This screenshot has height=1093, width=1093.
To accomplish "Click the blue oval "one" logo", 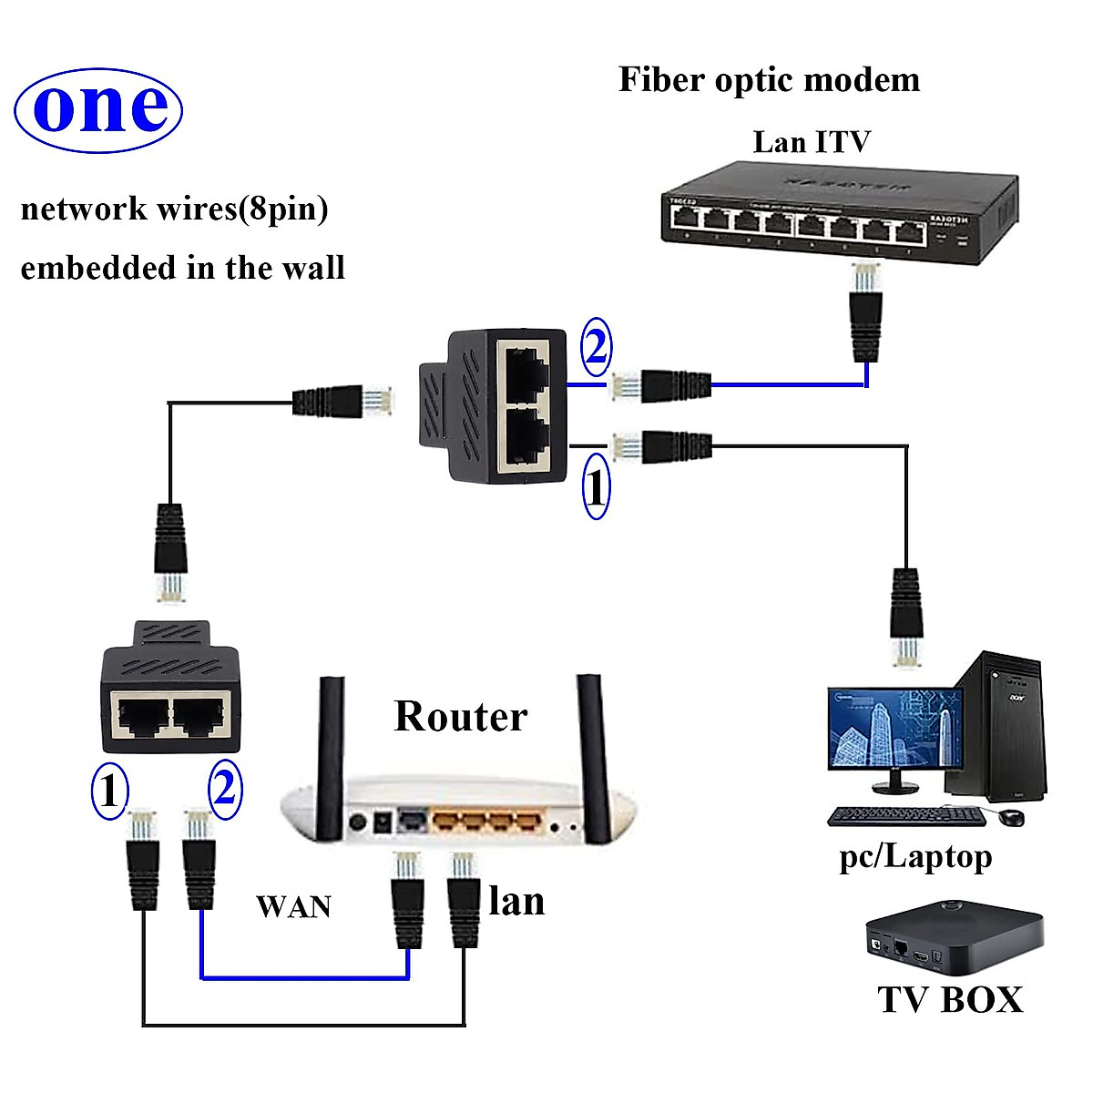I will [98, 109].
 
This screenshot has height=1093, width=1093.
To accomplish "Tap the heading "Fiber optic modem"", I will [769, 80].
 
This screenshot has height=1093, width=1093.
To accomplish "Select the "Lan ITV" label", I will [811, 142].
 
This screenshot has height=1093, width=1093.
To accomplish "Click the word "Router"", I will [460, 717].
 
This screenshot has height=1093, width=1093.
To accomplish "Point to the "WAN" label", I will [293, 907].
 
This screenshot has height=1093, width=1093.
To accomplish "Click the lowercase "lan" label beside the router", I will [516, 902].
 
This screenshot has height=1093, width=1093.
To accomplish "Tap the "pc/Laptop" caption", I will [914, 857].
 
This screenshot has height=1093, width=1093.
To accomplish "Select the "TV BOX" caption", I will [950, 999].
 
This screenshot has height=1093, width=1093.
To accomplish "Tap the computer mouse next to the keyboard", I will [1010, 816].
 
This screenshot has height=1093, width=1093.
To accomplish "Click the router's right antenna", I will [593, 756].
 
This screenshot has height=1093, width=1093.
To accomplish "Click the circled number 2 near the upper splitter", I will [596, 347].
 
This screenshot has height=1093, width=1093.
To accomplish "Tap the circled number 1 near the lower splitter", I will [109, 790].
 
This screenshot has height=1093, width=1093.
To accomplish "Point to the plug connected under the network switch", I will [865, 314].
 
